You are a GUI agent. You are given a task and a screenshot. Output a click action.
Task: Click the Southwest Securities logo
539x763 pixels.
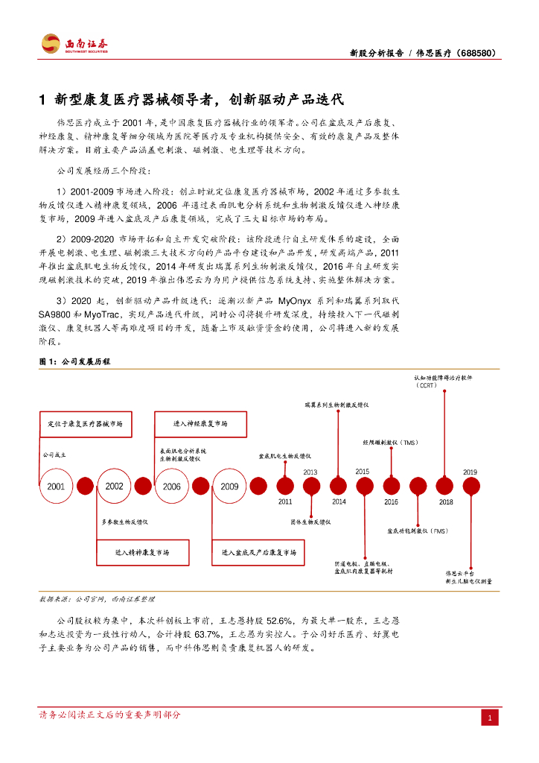pyautogui.click(x=74, y=44)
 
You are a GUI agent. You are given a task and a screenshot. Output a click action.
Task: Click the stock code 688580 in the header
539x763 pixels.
pyautogui.click(x=474, y=53)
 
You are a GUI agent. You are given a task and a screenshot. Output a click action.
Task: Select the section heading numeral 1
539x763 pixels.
pyautogui.click(x=42, y=99)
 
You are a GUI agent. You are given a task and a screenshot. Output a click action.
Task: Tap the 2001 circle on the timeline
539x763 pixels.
pyautogui.click(x=56, y=486)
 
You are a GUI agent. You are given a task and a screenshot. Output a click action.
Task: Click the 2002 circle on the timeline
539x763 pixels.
pyautogui.click(x=114, y=486)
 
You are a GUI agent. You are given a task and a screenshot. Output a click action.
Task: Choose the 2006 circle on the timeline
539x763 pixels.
pyautogui.click(x=171, y=486)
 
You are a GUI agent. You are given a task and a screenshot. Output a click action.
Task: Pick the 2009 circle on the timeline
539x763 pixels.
pyautogui.click(x=229, y=486)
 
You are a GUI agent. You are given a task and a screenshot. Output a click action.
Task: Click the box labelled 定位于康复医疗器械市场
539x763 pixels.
pyautogui.click(x=85, y=423)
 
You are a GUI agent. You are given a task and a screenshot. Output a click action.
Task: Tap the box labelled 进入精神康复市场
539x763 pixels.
pyautogui.click(x=142, y=552)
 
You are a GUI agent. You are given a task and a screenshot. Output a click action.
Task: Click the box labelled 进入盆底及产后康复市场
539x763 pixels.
pyautogui.click(x=258, y=552)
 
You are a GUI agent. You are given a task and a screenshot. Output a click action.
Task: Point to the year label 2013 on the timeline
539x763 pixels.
pyautogui.click(x=310, y=472)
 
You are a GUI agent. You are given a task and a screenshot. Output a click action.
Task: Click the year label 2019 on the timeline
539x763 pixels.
pyautogui.click(x=470, y=472)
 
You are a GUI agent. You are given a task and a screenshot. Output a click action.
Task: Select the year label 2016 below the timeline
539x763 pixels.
pyautogui.click(x=391, y=502)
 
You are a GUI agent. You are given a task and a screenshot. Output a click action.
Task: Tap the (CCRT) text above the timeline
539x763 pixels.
pyautogui.click(x=427, y=385)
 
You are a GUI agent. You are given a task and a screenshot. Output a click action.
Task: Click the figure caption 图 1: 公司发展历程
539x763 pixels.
pyautogui.click(x=74, y=361)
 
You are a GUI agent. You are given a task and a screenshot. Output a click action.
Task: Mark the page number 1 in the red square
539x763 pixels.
pyautogui.click(x=491, y=718)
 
